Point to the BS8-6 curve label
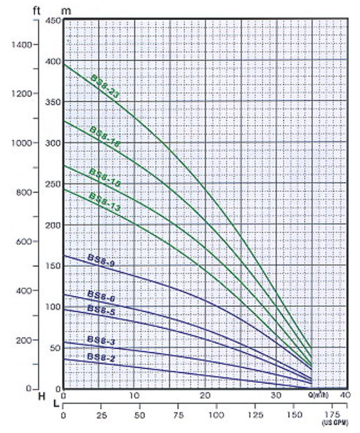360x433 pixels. coord(101,297)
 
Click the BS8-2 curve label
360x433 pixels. coord(101,357)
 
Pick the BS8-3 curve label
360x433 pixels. coord(101,340)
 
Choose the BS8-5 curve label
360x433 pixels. coord(101,309)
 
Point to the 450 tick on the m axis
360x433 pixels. coord(54,21)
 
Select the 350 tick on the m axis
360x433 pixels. coord(54,103)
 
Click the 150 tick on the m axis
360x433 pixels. coord(54,266)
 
